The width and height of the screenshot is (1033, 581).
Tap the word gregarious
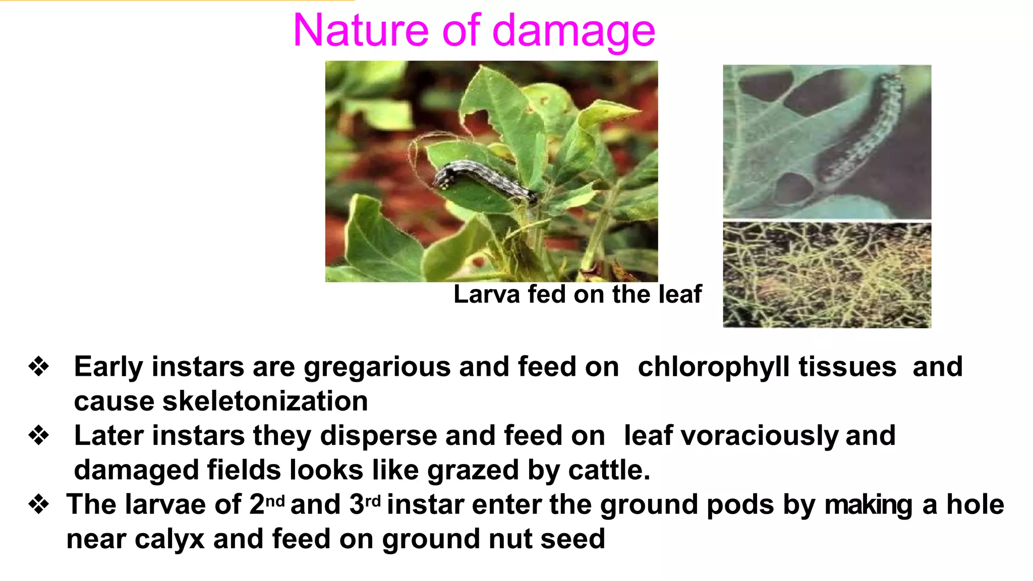(377, 367)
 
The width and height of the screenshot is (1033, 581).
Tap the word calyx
(170, 539)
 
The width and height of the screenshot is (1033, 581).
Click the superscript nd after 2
(275, 501)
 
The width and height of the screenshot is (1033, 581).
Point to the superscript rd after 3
(372, 501)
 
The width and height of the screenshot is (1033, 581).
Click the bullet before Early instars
(39, 366)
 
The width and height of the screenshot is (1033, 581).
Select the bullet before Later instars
(39, 435)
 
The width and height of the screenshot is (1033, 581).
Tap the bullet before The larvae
(39, 504)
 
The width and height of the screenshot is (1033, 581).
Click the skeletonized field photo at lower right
(827, 275)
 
